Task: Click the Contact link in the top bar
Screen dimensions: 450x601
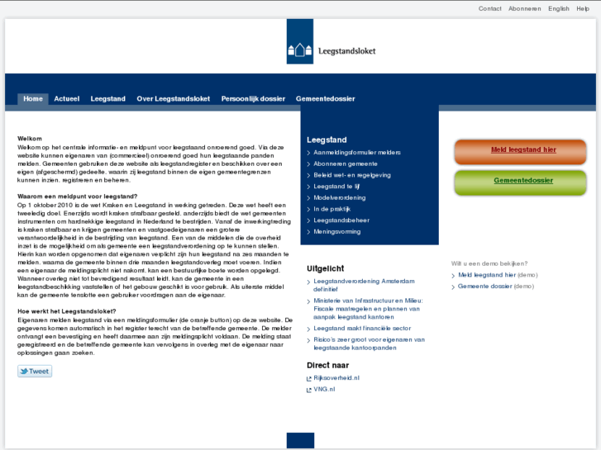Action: click(489, 8)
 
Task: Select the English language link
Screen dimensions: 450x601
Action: click(559, 8)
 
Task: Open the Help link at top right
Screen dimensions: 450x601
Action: click(583, 8)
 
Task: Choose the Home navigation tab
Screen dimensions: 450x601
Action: click(33, 99)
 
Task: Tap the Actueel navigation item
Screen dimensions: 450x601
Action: click(67, 99)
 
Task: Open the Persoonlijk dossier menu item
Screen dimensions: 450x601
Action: click(253, 99)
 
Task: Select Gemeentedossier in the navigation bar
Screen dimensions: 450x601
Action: click(325, 99)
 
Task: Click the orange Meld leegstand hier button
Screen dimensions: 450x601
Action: click(523, 150)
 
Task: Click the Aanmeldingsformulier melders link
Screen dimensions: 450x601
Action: click(357, 153)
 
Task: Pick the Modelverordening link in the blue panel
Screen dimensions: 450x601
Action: click(339, 198)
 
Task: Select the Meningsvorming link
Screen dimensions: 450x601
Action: click(336, 232)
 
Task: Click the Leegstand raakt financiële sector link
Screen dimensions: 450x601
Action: click(362, 328)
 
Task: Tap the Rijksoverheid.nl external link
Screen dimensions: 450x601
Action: click(336, 377)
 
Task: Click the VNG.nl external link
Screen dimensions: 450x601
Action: click(324, 389)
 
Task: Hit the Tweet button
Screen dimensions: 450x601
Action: click(35, 372)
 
